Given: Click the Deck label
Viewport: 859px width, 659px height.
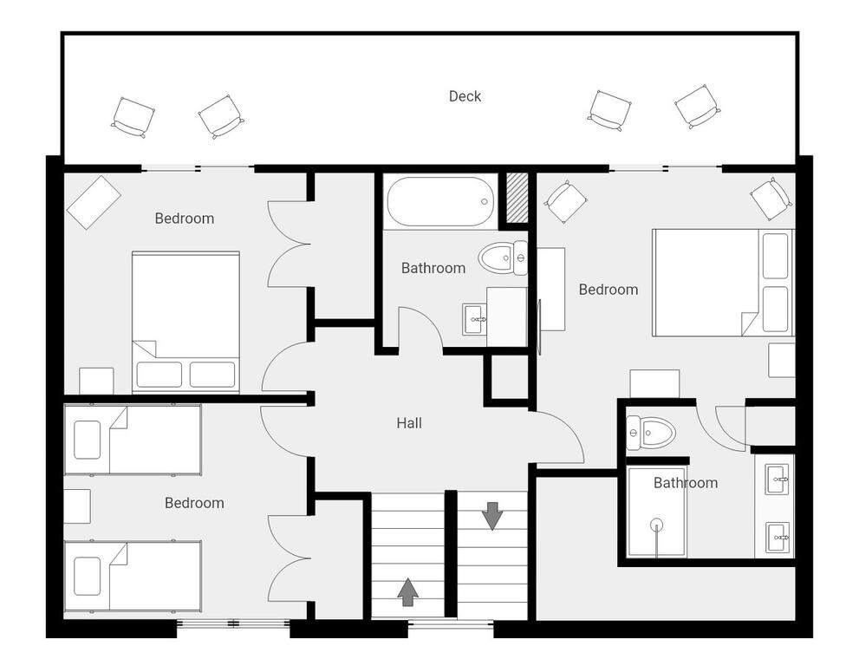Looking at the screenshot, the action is tap(465, 96).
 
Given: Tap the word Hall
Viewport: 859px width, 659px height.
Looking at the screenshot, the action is tap(409, 423).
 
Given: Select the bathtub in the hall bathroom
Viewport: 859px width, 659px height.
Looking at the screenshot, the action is tap(439, 201).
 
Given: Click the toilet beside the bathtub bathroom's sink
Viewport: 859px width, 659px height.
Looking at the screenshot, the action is tap(503, 257).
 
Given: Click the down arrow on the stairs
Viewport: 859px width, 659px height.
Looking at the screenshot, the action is tap(492, 516).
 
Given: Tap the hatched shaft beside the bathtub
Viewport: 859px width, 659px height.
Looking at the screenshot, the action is tap(517, 198).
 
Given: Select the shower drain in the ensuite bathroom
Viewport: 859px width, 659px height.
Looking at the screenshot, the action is tap(656, 525).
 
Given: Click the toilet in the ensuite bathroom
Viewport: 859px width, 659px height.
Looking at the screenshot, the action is tap(650, 433).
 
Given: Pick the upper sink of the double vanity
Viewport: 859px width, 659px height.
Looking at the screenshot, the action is tap(777, 480).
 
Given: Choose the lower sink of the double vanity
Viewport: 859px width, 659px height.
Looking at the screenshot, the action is tap(777, 538).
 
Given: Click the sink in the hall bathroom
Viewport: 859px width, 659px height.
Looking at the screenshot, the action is tap(474, 319).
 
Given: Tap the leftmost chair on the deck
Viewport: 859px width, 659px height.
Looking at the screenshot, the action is tap(133, 117).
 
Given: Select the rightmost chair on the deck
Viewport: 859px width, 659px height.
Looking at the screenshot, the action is tap(698, 107).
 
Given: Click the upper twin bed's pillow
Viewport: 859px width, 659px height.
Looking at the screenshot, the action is tap(87, 440).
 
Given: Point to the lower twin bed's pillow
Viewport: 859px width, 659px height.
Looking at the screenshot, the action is tap(87, 576).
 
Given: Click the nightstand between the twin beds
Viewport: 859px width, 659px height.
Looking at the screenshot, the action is tap(77, 506).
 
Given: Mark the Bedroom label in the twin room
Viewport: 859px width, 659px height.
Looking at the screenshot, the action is tap(194, 503).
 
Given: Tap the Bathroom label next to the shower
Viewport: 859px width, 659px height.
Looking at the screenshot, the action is tap(686, 483).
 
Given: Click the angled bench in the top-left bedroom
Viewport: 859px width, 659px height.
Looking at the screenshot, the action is tap(94, 202).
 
